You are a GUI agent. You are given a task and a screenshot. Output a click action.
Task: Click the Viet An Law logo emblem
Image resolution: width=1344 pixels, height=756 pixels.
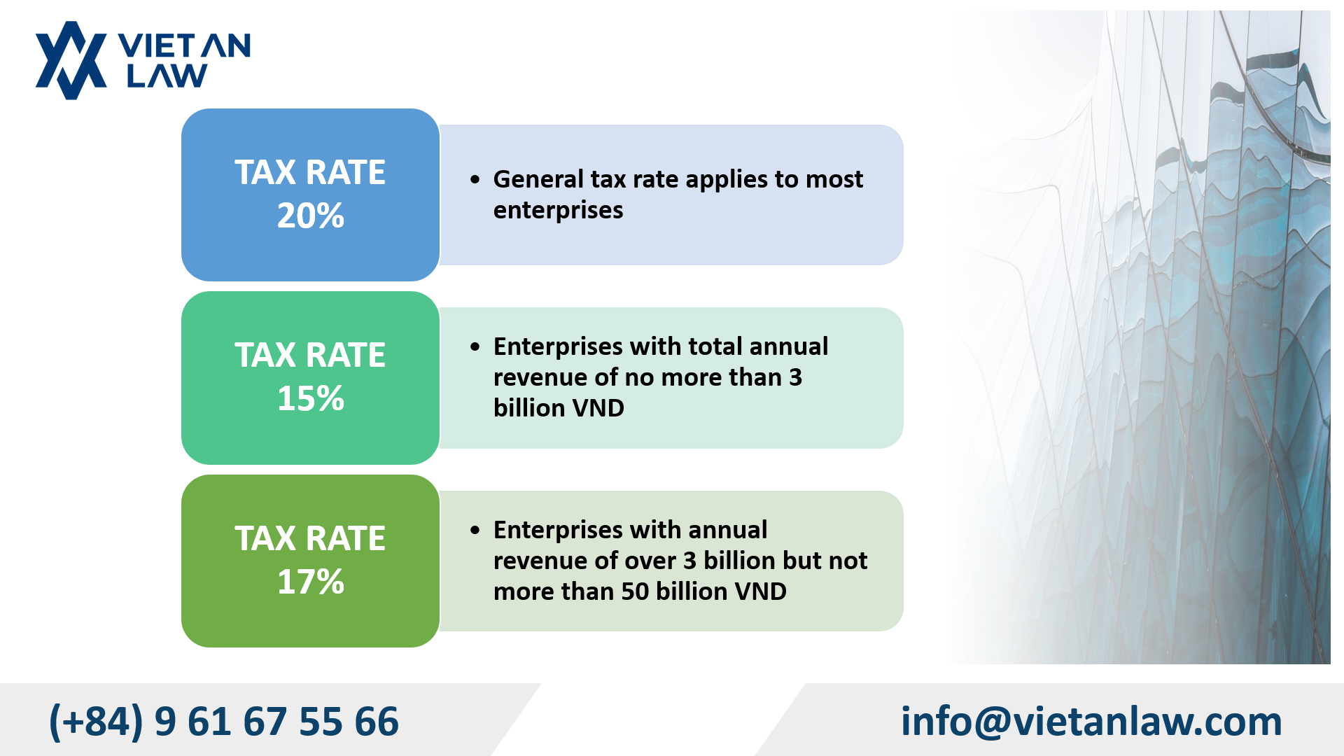click(x=71, y=60)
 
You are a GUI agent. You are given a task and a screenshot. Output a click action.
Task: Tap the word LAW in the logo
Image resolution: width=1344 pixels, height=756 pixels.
click(x=167, y=76)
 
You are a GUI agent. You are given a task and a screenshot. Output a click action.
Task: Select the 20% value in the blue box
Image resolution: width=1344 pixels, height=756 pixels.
click(x=311, y=216)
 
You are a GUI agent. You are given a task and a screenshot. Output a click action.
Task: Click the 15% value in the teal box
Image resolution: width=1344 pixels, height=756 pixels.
click(x=311, y=399)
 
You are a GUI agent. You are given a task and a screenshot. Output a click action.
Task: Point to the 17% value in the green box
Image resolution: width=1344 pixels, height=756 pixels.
click(x=311, y=582)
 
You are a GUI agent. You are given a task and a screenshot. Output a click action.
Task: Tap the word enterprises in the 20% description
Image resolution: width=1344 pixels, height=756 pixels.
click(x=558, y=210)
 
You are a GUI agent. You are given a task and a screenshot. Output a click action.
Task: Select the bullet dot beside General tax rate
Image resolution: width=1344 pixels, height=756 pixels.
click(x=475, y=180)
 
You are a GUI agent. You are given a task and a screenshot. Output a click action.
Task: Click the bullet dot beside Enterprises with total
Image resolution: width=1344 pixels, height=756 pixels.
click(x=475, y=347)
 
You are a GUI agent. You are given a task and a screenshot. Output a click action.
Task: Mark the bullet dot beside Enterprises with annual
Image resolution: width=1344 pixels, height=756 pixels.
click(x=475, y=531)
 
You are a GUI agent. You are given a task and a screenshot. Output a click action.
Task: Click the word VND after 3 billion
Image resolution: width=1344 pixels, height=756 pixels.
click(x=597, y=408)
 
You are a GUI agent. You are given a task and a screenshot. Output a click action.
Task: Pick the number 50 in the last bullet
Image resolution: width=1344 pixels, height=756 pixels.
click(x=635, y=591)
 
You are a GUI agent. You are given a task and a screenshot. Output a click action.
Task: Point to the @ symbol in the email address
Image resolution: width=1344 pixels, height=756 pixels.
click(x=992, y=722)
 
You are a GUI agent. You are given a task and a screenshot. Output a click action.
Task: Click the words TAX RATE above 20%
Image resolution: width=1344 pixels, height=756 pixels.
click(x=310, y=172)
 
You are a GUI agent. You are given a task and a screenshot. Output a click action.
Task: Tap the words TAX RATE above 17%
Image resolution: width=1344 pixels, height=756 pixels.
click(x=310, y=538)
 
